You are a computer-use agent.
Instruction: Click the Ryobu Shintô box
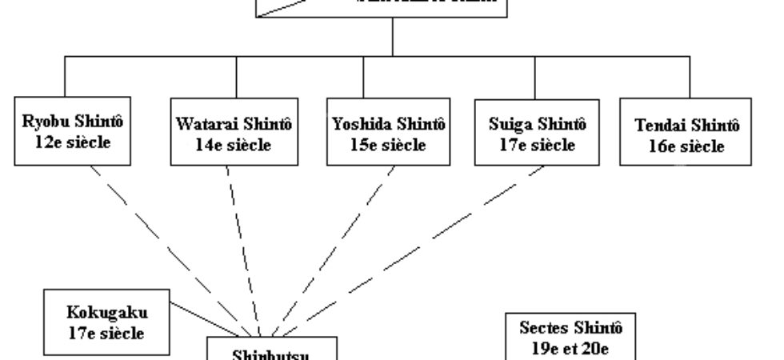(x=65, y=134)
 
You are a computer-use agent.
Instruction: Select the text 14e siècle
(x=234, y=146)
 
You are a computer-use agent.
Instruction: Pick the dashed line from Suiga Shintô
(x=400, y=256)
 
